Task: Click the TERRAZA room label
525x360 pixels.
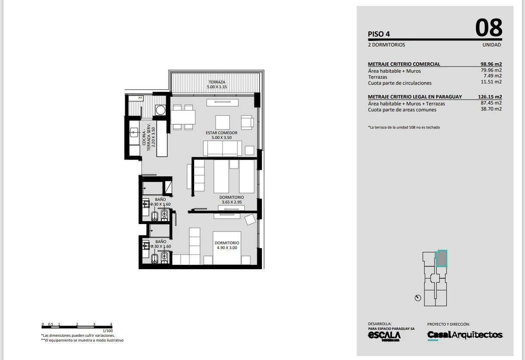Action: click(x=217, y=82)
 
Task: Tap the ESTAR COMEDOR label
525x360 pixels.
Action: click(x=222, y=133)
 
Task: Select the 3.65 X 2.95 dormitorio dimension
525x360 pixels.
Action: click(x=232, y=202)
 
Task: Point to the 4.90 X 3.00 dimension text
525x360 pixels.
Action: click(x=227, y=248)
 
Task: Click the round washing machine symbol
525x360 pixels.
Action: click(x=161, y=110)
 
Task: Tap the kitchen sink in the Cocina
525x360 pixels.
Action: click(x=134, y=132)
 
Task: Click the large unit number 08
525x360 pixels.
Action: click(x=489, y=28)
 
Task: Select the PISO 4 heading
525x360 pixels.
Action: click(x=379, y=34)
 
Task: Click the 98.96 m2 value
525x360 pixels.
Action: click(x=491, y=64)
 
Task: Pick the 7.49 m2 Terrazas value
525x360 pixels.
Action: click(x=493, y=76)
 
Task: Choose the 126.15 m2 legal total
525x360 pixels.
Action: click(x=490, y=97)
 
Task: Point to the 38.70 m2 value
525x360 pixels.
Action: click(x=491, y=109)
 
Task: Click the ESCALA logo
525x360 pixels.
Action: click(x=384, y=335)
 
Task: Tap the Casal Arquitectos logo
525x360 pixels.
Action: click(x=465, y=335)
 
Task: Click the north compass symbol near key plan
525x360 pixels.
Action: click(x=418, y=298)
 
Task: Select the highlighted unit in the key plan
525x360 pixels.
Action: click(x=441, y=258)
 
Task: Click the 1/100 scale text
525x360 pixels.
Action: click(x=108, y=331)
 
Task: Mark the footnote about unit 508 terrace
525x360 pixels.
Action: click(x=404, y=127)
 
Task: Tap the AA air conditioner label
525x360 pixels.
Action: click(x=140, y=98)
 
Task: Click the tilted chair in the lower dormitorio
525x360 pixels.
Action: click(x=250, y=220)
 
